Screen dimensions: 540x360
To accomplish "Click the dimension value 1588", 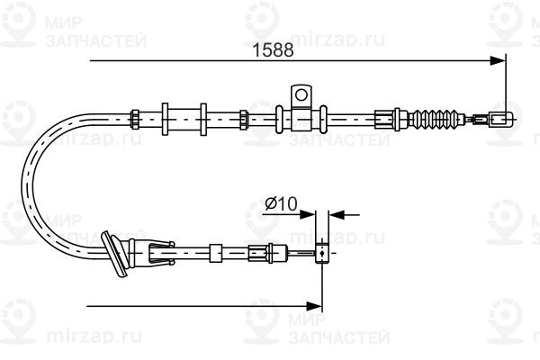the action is pos(273,50).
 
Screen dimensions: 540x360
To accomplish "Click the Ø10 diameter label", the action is pos(281,204).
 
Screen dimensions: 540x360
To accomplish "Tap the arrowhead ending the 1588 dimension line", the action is pos(498,60).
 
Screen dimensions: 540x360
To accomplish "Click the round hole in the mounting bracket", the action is pos(301,94).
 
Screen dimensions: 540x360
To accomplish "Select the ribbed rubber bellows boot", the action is pos(438,119).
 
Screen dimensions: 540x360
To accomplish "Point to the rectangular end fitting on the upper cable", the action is pos(500,119).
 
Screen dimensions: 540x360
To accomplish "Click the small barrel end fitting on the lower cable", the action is pos(321,253).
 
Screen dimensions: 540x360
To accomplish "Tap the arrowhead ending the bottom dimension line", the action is pos(314,306).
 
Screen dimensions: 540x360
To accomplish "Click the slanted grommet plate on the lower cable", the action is pos(114,254).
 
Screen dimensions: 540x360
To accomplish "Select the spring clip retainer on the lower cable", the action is pos(161,254).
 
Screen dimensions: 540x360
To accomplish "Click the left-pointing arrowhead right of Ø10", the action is pos(337,214).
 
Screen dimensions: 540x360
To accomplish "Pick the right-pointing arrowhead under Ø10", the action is pos(307,214).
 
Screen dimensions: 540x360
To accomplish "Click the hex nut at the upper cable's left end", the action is pos(135,119).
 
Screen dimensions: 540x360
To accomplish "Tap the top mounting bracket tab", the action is pos(301,96).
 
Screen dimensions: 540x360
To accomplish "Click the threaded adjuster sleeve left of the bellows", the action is pos(383,119).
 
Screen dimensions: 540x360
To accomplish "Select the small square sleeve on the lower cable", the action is pos(216,253).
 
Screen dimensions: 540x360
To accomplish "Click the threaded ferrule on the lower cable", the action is pos(258,253).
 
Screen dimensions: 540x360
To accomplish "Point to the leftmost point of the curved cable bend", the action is pos(22,184).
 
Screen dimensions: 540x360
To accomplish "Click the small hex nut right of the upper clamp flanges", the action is pos(244,119).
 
